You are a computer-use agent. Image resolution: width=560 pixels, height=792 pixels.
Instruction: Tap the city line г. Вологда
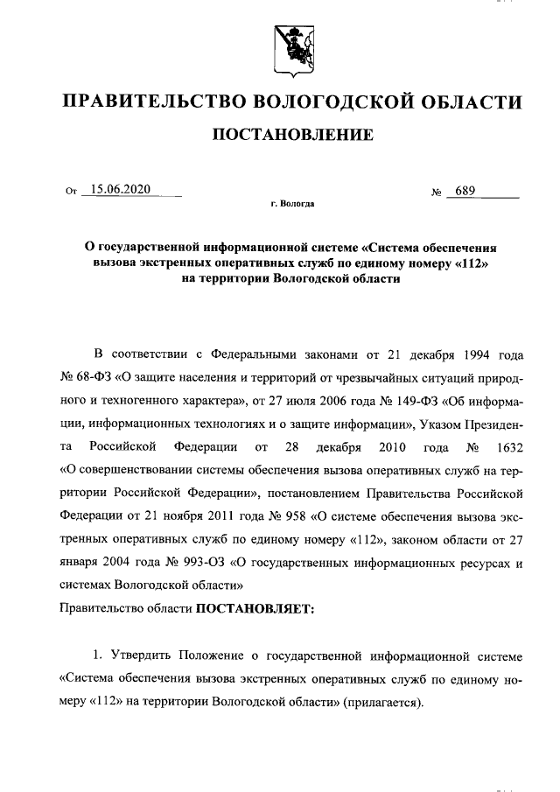coord(291,204)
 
